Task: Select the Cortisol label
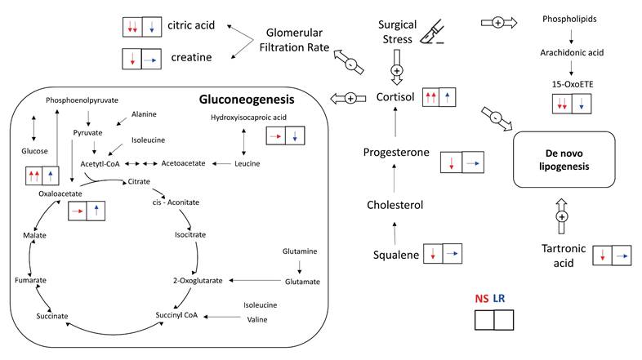[x=395, y=97]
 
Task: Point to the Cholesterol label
[x=395, y=205]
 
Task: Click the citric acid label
[x=189, y=25]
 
